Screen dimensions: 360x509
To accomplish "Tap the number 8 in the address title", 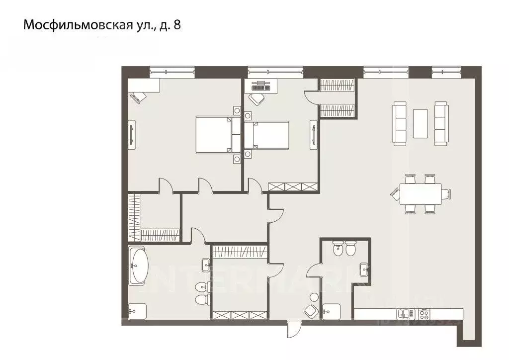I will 176,25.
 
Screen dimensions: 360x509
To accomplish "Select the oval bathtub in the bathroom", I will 138,266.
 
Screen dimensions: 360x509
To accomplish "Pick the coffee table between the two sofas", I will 420,123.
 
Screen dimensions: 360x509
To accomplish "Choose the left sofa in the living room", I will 400,124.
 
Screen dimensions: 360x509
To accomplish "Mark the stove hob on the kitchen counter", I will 424,314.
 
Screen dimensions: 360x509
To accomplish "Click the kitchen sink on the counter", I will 403,314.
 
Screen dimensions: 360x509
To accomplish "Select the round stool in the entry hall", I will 314,297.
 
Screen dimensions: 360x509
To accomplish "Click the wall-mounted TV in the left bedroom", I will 132,134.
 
